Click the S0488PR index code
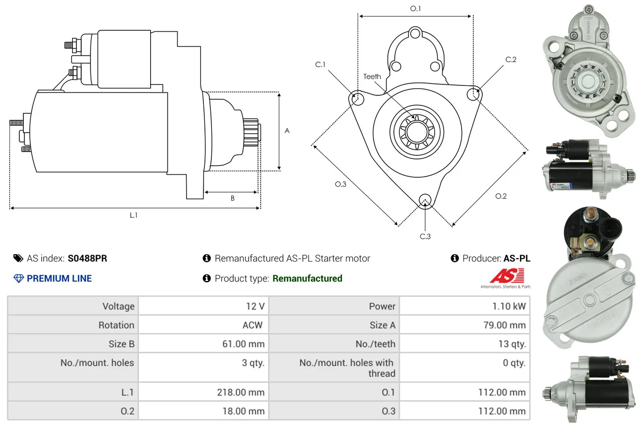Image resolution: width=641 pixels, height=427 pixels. click(88, 258)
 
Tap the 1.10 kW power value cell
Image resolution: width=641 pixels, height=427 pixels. click(509, 306)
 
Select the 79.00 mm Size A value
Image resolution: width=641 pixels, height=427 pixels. click(505, 325)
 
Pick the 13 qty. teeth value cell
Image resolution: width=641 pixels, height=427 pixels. click(512, 344)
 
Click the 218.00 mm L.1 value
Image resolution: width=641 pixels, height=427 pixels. click(241, 392)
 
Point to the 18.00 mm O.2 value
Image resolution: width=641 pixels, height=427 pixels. click(244, 411)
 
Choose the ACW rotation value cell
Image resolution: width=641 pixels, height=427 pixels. click(253, 325)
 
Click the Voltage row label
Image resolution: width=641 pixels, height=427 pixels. click(118, 306)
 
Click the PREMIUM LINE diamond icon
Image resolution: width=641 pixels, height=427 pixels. click(18, 279)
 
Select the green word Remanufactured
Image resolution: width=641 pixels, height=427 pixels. click(307, 279)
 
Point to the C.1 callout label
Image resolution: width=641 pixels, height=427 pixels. click(320, 65)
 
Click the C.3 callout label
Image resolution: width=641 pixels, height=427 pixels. click(425, 236)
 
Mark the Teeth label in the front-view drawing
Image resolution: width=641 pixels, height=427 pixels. click(372, 76)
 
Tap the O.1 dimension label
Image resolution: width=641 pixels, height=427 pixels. click(416, 8)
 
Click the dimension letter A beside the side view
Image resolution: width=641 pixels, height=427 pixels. click(287, 131)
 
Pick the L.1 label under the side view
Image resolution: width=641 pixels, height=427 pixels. click(134, 215)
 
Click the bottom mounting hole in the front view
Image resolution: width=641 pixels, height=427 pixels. click(425, 200)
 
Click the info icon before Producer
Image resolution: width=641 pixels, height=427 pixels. click(455, 258)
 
